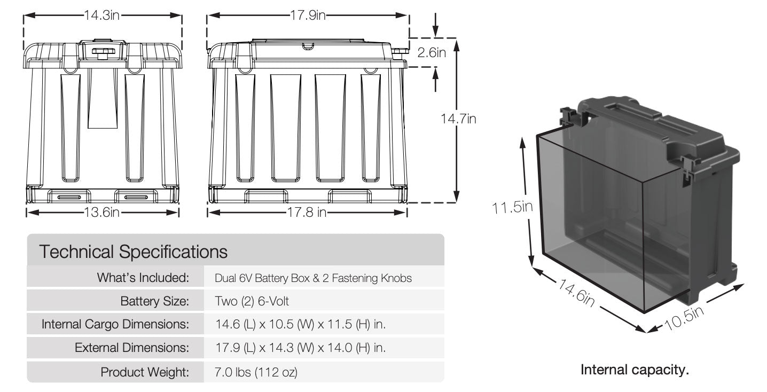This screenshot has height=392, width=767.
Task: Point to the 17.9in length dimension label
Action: [x=308, y=15]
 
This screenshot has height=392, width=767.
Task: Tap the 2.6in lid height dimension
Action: [x=431, y=52]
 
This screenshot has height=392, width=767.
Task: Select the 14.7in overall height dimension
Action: [x=458, y=119]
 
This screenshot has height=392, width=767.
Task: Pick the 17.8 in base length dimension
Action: [x=307, y=213]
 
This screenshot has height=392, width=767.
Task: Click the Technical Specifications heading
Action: [x=134, y=252]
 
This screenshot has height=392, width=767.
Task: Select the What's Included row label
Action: [x=143, y=278]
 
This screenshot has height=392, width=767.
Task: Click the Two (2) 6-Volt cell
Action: [x=252, y=301]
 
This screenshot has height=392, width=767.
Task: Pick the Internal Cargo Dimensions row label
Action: [x=115, y=324]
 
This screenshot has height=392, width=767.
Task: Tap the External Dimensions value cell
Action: [x=300, y=348]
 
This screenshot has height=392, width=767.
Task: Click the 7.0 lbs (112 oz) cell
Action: [x=256, y=372]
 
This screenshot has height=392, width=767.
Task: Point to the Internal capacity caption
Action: [x=635, y=370]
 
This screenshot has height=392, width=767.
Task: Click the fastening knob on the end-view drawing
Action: [x=103, y=51]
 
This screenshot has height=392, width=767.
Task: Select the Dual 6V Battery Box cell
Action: [x=313, y=278]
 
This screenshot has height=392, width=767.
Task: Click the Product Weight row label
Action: [x=145, y=372]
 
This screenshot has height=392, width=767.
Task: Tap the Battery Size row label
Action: [x=154, y=301]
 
